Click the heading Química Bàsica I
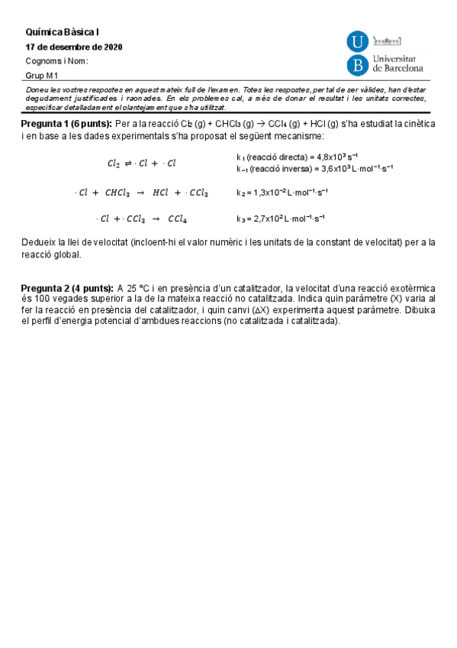(63, 32)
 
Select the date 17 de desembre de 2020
(74, 47)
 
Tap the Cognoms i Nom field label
(56, 61)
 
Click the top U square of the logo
(357, 42)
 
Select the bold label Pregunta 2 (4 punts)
(66, 288)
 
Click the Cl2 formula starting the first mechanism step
(114, 163)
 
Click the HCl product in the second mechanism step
(161, 193)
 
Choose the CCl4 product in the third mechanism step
(178, 219)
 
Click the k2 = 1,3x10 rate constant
(282, 193)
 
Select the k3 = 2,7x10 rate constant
(280, 219)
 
